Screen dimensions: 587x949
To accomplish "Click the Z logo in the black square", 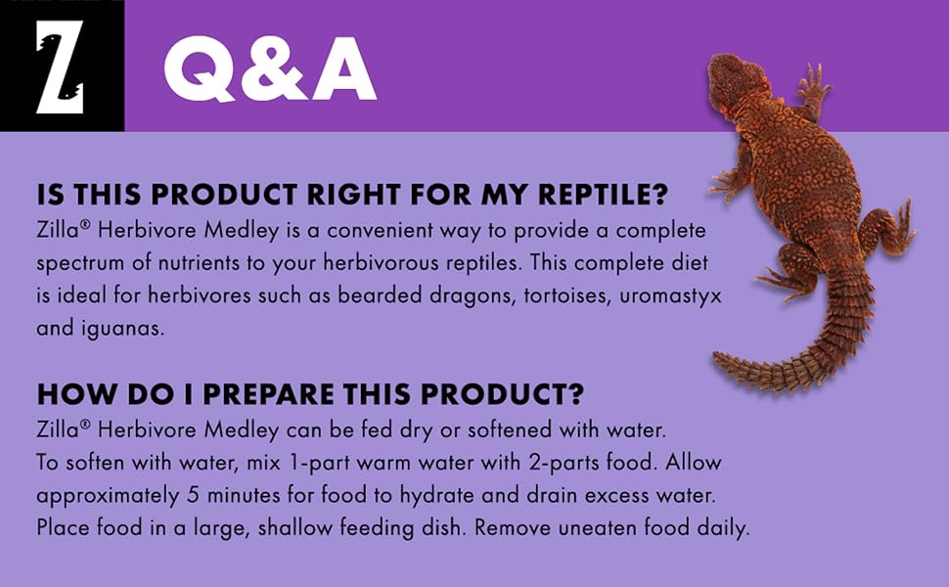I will [x=60, y=67].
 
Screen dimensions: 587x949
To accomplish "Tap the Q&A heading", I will [x=270, y=69].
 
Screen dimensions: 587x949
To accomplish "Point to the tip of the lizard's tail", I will [x=717, y=363].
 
